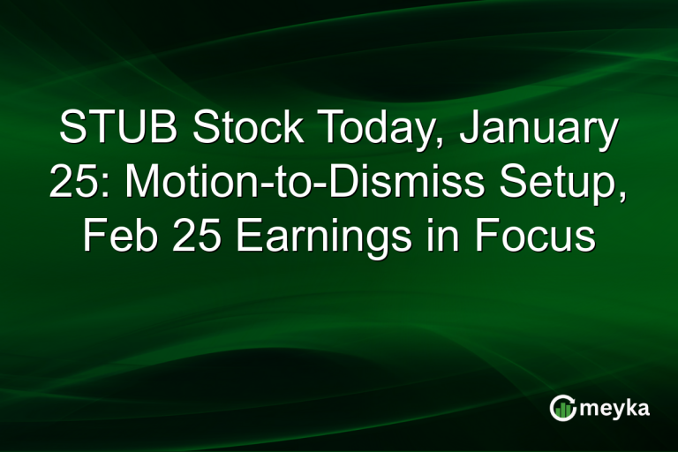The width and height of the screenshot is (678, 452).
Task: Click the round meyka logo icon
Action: click(562, 407)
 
